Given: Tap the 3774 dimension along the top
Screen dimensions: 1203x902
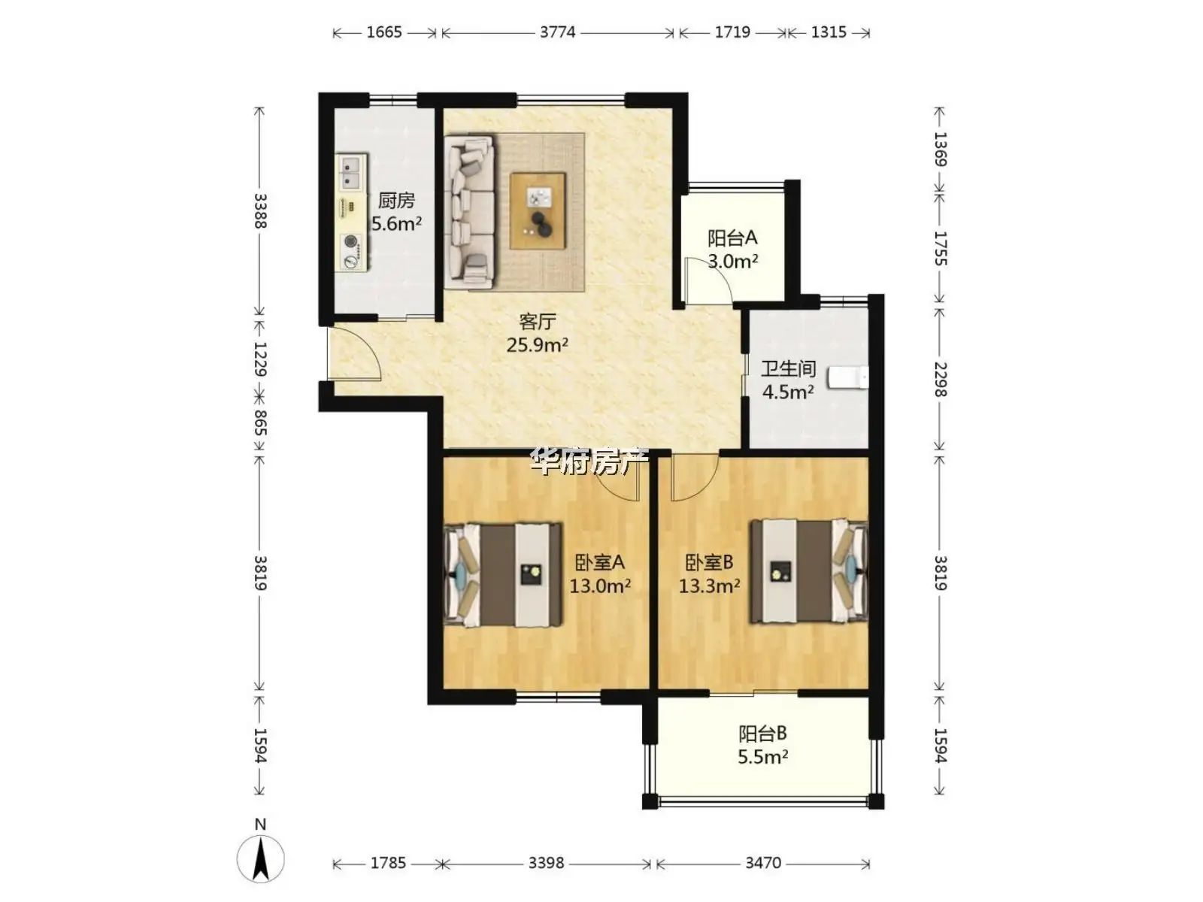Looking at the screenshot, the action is (x=557, y=32).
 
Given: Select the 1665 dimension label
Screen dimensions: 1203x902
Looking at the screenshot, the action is (x=384, y=32).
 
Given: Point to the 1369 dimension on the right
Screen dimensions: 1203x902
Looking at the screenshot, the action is (x=941, y=149).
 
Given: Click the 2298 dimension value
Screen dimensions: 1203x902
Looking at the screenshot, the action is (x=941, y=380).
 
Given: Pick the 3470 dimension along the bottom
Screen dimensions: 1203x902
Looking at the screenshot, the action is (x=763, y=863).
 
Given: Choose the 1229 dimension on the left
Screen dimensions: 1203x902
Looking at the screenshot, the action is (x=260, y=359).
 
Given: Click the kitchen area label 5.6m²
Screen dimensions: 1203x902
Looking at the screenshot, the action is (x=396, y=223).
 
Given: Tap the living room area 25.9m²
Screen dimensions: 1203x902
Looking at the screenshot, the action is (x=537, y=345).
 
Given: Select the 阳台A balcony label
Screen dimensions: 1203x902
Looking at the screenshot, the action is (x=732, y=238).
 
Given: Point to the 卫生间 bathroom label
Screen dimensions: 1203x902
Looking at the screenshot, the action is (x=788, y=368).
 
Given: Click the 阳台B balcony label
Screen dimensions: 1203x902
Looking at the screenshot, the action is (x=762, y=734).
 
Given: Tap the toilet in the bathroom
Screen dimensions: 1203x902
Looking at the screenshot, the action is (x=848, y=377).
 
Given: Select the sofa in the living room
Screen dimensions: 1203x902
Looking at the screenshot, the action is (x=470, y=211).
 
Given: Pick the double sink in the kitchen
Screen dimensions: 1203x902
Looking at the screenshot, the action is (x=351, y=172).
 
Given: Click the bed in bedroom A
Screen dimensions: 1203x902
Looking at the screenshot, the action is (x=502, y=574).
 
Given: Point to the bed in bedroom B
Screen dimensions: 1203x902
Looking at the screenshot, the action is (x=809, y=571).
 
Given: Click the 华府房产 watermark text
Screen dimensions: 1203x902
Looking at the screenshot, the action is (x=589, y=461).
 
